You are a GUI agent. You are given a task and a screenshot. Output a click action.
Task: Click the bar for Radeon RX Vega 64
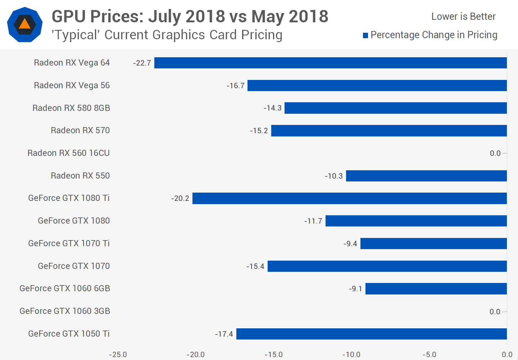click(330, 63)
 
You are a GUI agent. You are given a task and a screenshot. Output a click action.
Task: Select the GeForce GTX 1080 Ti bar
click(349, 198)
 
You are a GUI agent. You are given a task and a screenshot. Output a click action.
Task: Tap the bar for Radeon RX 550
click(426, 176)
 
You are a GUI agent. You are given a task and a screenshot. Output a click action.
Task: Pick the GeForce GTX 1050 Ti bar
click(371, 334)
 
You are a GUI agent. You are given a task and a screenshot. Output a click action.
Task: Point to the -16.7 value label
click(236, 86)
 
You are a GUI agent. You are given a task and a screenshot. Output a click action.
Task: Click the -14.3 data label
click(273, 108)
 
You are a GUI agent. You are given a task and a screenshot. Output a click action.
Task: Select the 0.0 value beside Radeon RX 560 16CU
click(495, 153)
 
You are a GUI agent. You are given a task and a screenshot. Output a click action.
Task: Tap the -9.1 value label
click(355, 289)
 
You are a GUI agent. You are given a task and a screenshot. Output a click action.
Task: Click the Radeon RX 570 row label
click(80, 130)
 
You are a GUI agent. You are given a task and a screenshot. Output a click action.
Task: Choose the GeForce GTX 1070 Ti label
click(69, 243)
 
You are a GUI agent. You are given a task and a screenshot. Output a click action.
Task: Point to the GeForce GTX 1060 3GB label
click(65, 311)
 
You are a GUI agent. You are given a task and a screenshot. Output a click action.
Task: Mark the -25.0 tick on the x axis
click(118, 355)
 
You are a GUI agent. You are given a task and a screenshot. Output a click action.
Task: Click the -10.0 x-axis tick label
click(351, 355)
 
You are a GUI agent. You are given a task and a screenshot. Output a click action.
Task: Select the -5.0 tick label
click(429, 355)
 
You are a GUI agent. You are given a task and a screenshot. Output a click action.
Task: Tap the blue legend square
click(365, 35)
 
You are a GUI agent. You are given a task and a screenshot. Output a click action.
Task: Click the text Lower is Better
click(463, 17)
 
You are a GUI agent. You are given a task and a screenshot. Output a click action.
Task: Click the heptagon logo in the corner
click(25, 24)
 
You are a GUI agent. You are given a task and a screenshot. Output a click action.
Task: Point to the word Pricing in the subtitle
click(262, 35)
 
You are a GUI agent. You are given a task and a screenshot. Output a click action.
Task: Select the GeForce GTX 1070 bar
click(387, 266)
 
